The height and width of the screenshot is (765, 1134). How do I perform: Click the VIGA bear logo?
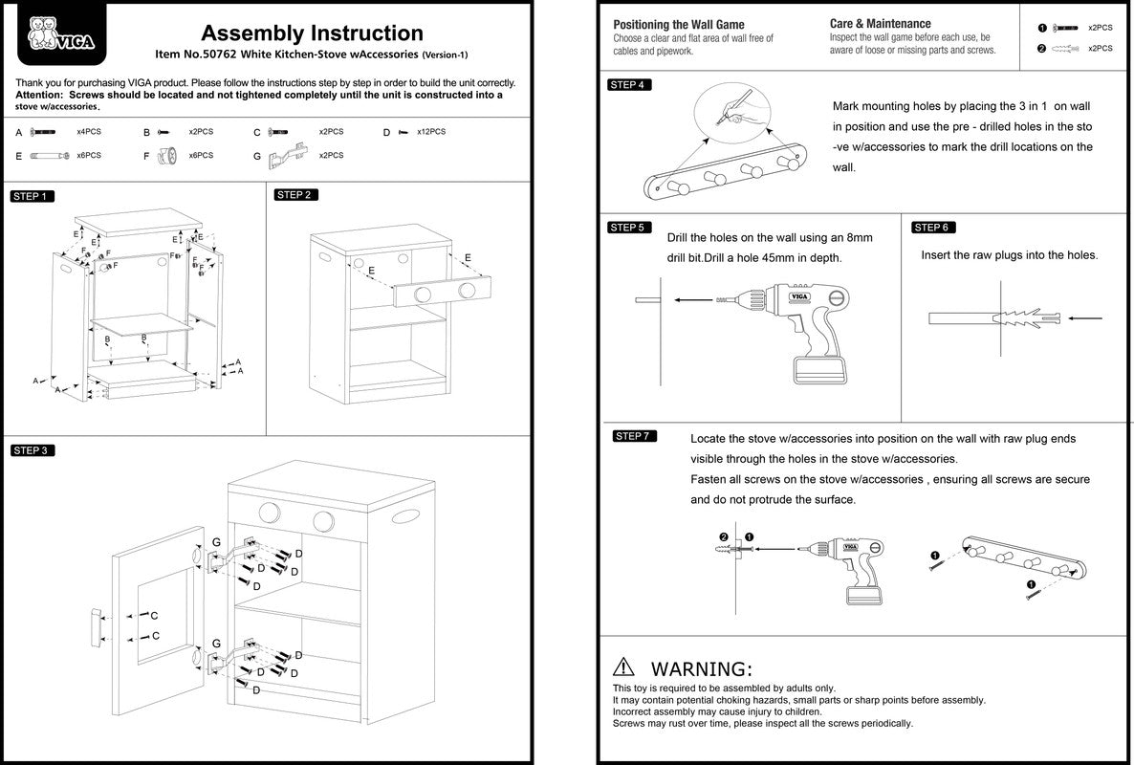click(54, 34)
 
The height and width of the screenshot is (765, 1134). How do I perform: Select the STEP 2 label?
click(295, 195)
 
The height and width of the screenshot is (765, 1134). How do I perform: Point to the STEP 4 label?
click(629, 85)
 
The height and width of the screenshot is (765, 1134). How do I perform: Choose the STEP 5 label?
click(629, 228)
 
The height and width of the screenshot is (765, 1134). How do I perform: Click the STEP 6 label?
click(932, 228)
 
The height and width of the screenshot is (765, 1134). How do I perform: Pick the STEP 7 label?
click(633, 437)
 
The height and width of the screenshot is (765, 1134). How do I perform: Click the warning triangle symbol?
click(624, 667)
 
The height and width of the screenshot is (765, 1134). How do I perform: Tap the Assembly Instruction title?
click(312, 34)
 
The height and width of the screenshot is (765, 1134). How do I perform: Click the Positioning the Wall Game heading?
click(679, 25)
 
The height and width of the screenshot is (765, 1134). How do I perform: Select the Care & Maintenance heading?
click(880, 24)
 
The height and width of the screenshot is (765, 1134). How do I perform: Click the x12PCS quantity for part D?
click(431, 132)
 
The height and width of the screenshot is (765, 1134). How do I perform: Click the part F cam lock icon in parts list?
click(169, 155)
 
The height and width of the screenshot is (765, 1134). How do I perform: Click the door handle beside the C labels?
click(98, 626)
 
